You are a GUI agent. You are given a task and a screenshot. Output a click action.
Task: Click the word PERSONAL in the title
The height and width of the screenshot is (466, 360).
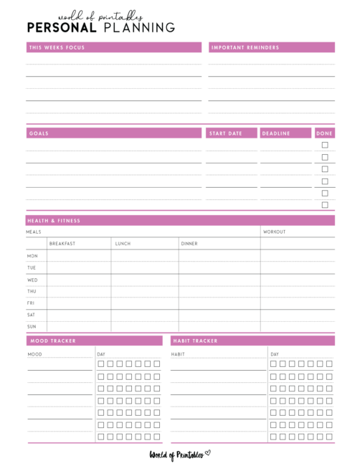click(62, 28)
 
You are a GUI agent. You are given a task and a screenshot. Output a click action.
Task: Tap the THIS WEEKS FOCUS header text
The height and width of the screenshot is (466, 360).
click(57, 47)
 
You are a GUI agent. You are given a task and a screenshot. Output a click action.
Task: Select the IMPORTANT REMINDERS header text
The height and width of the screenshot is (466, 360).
click(245, 47)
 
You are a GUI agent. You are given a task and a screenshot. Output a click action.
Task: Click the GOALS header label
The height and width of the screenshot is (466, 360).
click(39, 133)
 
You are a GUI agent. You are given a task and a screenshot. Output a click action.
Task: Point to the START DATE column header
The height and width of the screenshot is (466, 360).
click(225, 133)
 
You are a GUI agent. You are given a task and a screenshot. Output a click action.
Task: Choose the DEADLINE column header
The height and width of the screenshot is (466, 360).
click(275, 133)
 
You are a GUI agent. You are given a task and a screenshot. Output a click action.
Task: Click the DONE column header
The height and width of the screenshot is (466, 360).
click(325, 133)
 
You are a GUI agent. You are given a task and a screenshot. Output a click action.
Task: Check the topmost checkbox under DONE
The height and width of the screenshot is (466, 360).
click(325, 145)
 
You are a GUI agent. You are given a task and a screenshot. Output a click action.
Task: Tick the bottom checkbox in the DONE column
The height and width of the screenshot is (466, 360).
click(325, 205)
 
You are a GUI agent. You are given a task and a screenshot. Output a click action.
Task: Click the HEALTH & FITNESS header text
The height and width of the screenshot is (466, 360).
click(55, 221)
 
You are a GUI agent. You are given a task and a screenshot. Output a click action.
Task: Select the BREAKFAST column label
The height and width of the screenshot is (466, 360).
click(62, 244)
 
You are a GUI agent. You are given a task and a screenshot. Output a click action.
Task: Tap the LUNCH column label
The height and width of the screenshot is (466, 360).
click(123, 244)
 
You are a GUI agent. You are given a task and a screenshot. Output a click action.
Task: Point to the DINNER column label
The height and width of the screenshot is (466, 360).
click(189, 244)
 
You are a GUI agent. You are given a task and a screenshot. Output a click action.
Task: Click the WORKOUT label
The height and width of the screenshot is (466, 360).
click(275, 232)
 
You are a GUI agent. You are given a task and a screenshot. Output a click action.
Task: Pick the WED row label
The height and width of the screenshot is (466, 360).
click(32, 280)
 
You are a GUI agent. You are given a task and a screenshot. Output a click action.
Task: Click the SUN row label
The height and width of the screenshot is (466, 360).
click(32, 327)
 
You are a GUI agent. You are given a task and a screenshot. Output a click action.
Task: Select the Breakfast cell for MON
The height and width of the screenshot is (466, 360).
click(79, 256)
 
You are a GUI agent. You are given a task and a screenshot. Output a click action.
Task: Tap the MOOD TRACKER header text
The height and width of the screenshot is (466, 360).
click(52, 341)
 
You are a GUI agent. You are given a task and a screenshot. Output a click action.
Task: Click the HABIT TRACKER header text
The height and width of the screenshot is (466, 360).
click(195, 341)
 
